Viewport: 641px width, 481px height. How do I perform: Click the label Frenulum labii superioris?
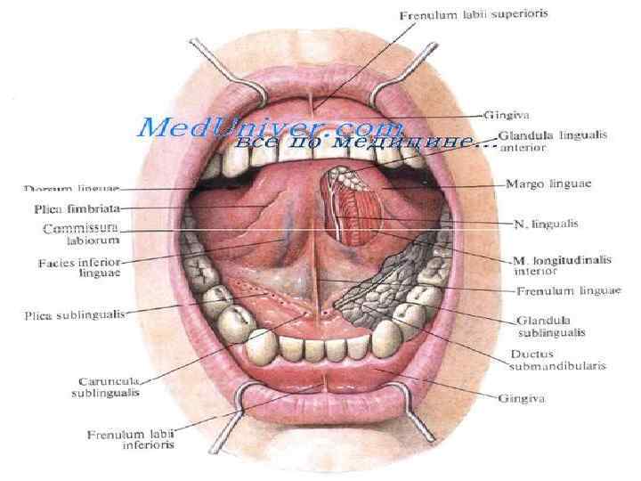pyautogui.click(x=474, y=15)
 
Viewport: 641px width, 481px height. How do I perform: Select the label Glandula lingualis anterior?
pyautogui.click(x=553, y=142)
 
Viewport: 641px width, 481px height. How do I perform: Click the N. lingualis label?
pyautogui.click(x=540, y=223)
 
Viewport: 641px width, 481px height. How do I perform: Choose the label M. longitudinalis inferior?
pyautogui.click(x=562, y=265)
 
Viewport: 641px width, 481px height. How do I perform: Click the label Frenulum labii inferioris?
pyautogui.click(x=131, y=440)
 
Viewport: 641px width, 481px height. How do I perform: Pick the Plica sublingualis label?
pyautogui.click(x=74, y=314)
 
